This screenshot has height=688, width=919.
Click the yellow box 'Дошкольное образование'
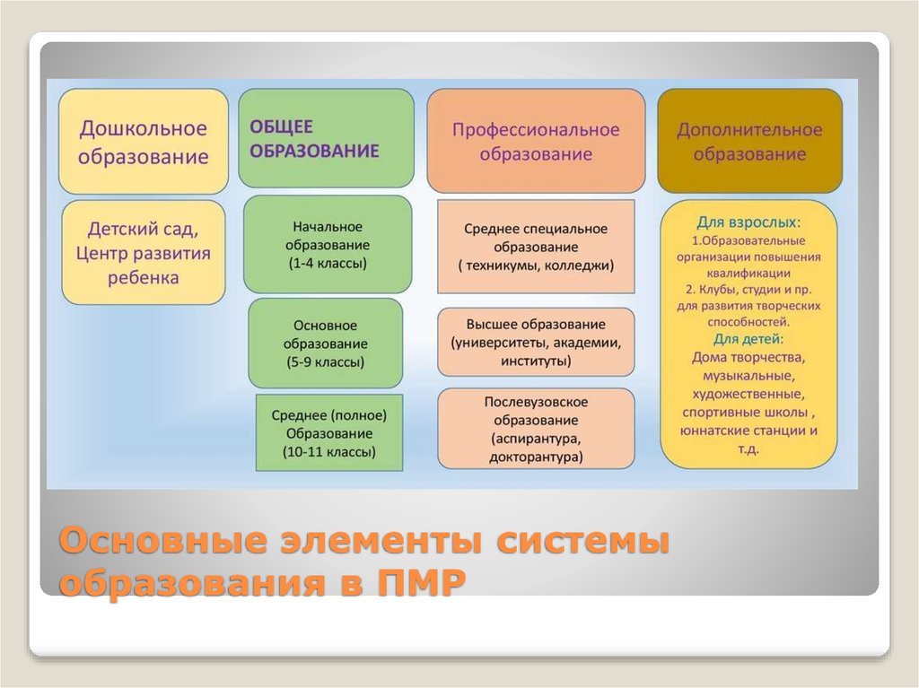point(144,142)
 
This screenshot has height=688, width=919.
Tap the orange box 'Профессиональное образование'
point(535,142)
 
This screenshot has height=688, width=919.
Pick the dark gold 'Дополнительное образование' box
point(749,142)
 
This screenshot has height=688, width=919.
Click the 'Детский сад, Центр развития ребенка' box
point(144,252)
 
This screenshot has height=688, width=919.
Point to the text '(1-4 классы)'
point(328,264)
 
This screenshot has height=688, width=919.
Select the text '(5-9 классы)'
point(326,362)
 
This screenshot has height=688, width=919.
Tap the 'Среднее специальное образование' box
point(536,247)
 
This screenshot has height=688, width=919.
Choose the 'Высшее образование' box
point(536,341)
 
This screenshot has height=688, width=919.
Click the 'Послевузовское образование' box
point(536,429)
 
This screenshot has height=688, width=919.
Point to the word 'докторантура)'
point(537,457)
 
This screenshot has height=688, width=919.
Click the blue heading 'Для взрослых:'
point(749,221)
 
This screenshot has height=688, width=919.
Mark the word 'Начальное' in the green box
point(328,227)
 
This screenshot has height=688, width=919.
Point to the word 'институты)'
point(536,360)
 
